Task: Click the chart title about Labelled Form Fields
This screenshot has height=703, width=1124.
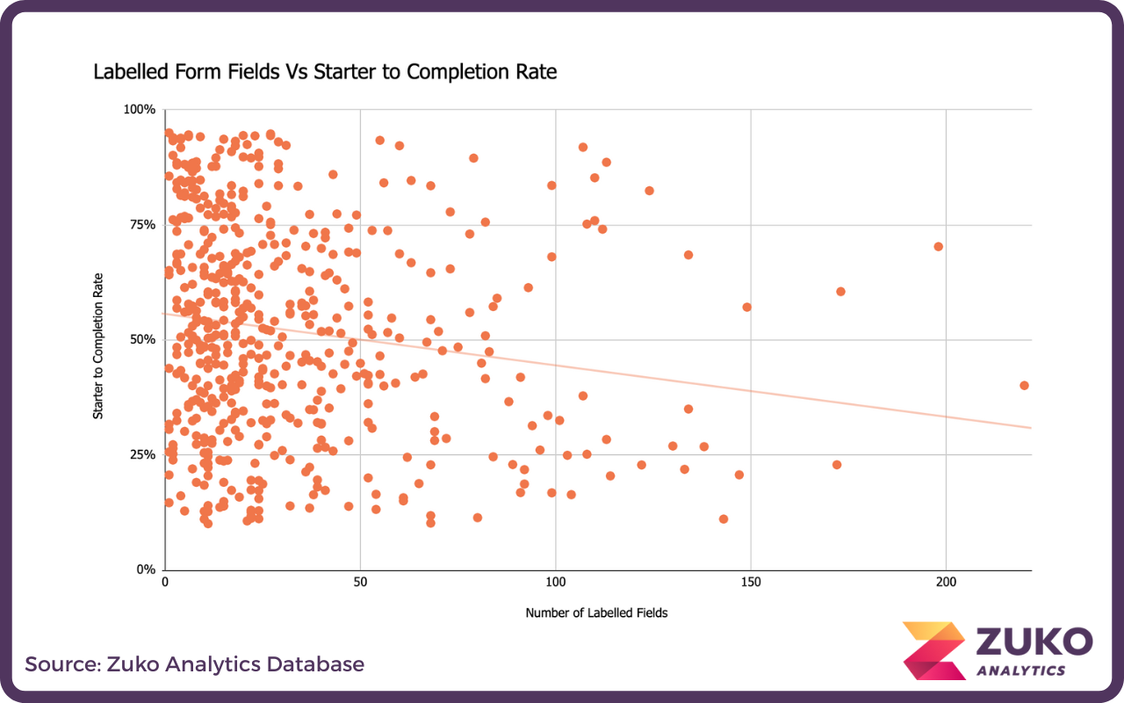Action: pos(325,72)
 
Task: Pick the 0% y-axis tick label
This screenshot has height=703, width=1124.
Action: pos(146,569)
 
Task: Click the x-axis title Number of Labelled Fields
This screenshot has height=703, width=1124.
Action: pos(596,612)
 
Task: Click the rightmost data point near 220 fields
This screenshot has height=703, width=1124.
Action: pos(1024,385)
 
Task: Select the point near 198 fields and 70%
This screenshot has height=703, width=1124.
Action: pos(938,246)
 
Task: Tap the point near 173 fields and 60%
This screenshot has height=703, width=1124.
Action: pos(840,291)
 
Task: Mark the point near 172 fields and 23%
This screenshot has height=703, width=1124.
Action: pos(837,464)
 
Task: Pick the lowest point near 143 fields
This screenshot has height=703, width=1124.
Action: pos(724,518)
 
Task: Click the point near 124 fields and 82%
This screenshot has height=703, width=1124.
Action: pos(649,190)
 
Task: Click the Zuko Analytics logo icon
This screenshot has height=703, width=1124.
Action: pos(934,651)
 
